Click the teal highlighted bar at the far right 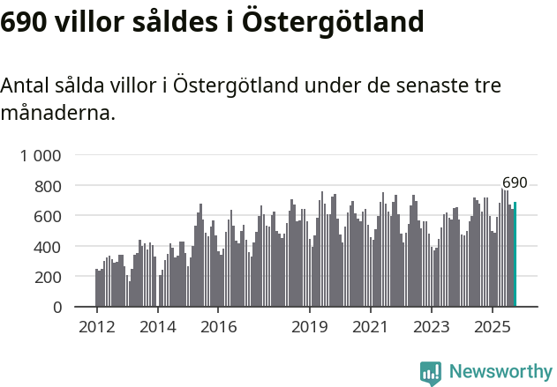tap(516, 255)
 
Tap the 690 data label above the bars tap(515, 183)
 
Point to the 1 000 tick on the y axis tap(41, 156)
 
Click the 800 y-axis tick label tap(49, 186)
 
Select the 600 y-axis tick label tap(49, 216)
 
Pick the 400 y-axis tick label tap(49, 247)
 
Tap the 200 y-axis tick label tap(49, 277)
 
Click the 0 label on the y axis tap(57, 307)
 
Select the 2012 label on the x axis tap(96, 328)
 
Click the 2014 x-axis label tap(157, 328)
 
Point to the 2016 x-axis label tap(218, 328)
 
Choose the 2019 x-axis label tap(310, 328)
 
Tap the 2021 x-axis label tap(371, 328)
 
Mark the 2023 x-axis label tap(432, 328)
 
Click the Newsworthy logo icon tap(431, 372)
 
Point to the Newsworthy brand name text tap(500, 372)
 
